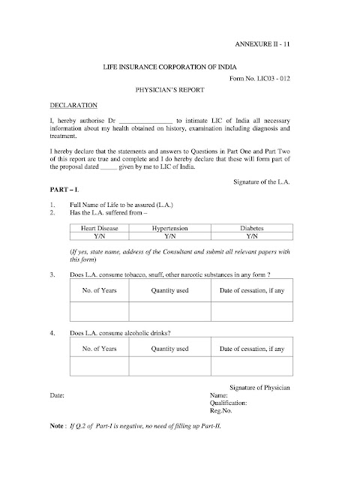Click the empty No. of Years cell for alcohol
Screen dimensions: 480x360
tap(99, 366)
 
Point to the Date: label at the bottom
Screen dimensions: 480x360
tap(57, 393)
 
